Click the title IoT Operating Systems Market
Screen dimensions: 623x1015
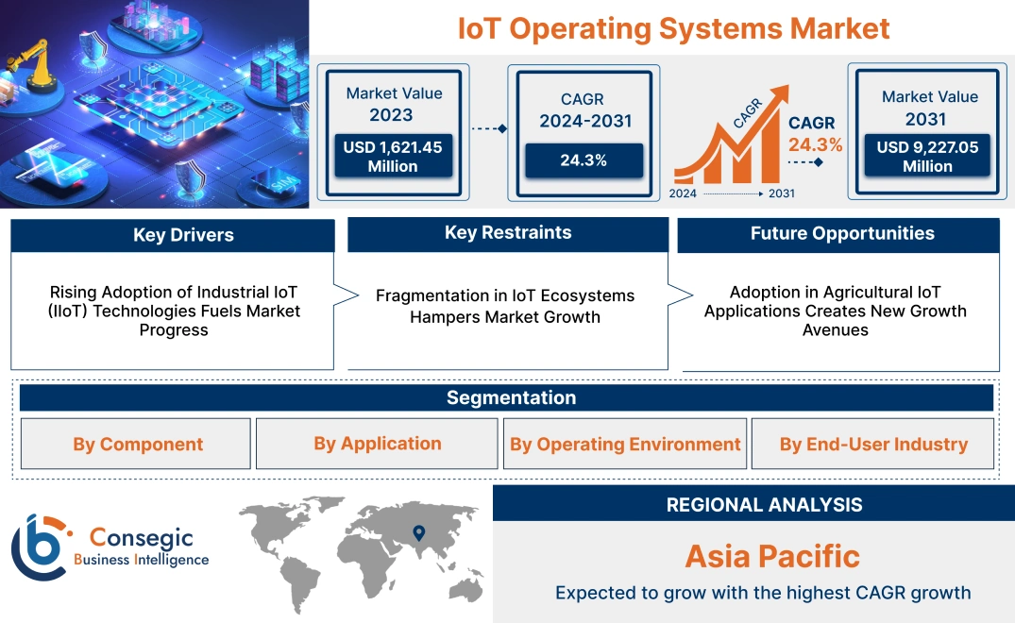click(x=673, y=27)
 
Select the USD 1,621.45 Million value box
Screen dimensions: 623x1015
click(x=392, y=157)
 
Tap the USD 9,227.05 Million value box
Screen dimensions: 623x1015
click(x=927, y=157)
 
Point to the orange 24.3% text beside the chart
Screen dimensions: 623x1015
click(x=816, y=145)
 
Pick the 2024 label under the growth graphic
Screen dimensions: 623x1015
click(x=685, y=194)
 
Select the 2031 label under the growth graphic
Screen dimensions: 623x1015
click(x=781, y=194)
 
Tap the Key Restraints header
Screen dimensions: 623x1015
click(x=508, y=233)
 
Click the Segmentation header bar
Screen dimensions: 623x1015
click(x=511, y=397)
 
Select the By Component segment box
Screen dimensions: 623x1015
click(x=138, y=444)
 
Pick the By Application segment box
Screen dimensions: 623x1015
click(x=378, y=444)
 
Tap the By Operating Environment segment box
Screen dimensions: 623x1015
click(x=625, y=444)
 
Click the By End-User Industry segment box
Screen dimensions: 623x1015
click(x=873, y=444)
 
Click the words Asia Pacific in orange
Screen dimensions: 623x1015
click(x=771, y=556)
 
